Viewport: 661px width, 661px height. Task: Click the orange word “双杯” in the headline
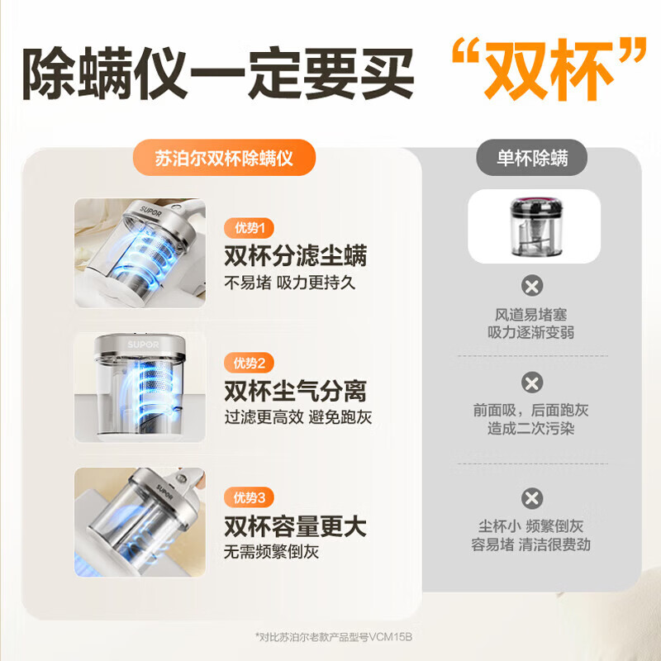(549, 75)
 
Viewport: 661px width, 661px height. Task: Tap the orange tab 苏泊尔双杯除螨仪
(224, 159)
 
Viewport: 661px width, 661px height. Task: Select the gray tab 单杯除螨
(532, 159)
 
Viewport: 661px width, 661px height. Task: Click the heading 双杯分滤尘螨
(295, 254)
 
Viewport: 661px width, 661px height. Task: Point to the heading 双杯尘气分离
(295, 390)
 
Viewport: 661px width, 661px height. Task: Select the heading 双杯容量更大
(295, 525)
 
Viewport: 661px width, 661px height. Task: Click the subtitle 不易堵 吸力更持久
(289, 283)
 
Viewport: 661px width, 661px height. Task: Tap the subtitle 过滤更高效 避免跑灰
(298, 417)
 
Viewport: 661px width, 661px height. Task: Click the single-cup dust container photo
(533, 226)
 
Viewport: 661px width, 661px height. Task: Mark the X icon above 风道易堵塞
(533, 287)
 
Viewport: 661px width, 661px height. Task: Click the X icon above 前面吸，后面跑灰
(533, 383)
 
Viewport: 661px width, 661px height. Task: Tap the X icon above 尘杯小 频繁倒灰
(533, 498)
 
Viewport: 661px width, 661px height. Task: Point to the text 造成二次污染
(532, 429)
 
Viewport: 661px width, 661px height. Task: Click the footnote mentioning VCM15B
(335, 636)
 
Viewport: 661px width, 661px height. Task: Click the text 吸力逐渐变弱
(532, 332)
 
